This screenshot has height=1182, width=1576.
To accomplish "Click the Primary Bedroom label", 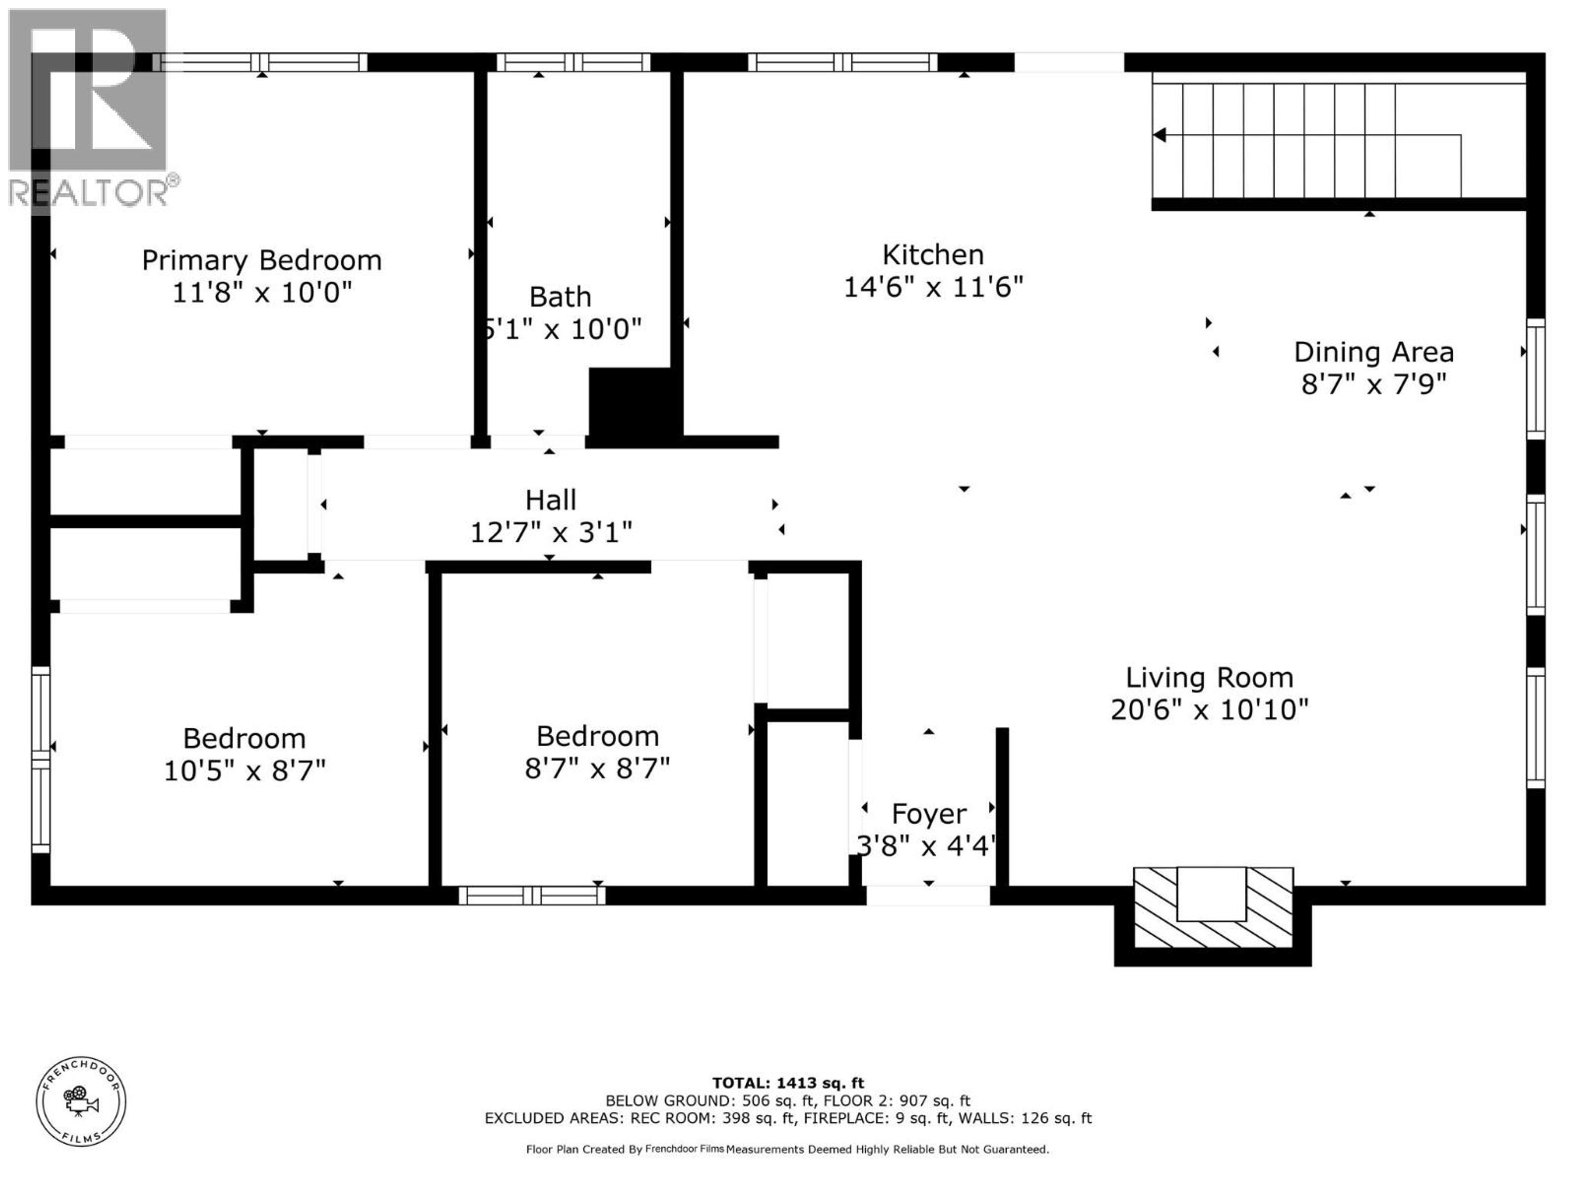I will click(261, 261).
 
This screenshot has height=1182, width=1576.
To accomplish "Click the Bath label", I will click(560, 296).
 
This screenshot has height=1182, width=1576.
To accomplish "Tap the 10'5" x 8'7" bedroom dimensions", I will click(244, 771).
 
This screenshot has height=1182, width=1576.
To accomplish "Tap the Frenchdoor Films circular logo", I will click(81, 1101).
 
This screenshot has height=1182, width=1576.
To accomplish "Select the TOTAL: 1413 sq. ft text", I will click(788, 1083).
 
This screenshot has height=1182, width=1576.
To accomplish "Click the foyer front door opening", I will click(928, 896).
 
